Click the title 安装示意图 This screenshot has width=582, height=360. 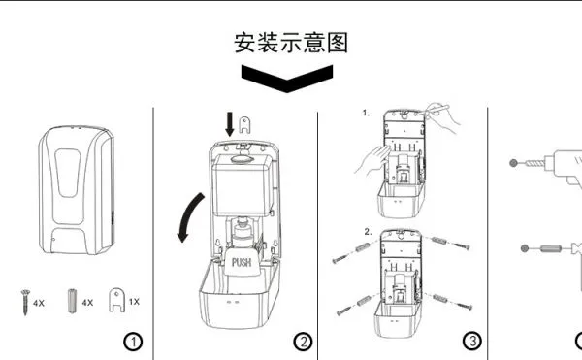coord(291,43)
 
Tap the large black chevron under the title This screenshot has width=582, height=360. coord(287,79)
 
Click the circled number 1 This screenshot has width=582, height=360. coord(133,342)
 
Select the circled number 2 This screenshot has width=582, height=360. coord(304,342)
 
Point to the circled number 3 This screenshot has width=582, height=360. coord(472,341)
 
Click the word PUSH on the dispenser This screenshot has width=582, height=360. coord(242,262)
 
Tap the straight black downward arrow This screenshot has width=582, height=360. coord(230,124)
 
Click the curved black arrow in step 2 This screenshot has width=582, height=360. coord(188,215)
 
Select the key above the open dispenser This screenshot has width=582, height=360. coord(244,125)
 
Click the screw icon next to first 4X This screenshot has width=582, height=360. coord(25,302)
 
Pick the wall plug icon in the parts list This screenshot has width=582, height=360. coord(72,301)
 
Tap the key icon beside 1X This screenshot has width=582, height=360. coord(116,301)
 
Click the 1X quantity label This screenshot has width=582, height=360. coord(134,302)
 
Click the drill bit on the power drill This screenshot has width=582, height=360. coord(534,163)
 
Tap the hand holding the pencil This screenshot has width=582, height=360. coord(442,115)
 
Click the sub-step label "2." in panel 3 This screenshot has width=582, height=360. coord(368,232)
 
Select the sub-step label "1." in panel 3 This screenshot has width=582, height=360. coord(366,113)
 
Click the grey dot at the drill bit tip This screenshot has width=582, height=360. coord(513,163)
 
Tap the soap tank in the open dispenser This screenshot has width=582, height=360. coord(243,184)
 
